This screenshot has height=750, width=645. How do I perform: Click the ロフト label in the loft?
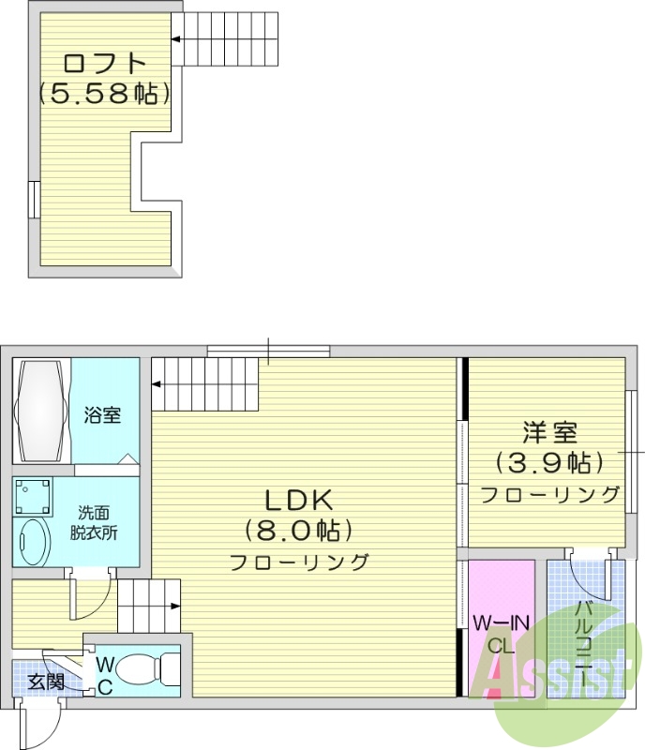(104, 63)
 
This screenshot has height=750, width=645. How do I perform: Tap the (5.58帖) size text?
(104, 93)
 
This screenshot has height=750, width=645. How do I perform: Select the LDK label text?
(299, 500)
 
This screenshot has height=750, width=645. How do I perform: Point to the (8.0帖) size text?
(299, 531)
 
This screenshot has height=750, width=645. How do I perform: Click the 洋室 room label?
(549, 432)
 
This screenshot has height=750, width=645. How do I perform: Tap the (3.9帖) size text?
(548, 462)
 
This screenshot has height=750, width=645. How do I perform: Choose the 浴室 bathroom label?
(102, 414)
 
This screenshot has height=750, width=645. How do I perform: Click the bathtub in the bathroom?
(41, 411)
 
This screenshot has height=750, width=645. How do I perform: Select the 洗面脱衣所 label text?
(94, 523)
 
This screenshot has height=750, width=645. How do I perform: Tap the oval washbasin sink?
(32, 542)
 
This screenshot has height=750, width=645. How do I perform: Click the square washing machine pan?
(33, 496)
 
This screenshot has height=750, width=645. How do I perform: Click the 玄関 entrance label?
(46, 682)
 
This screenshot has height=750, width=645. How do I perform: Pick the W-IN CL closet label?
(501, 635)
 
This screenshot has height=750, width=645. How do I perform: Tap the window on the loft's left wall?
(34, 200)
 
